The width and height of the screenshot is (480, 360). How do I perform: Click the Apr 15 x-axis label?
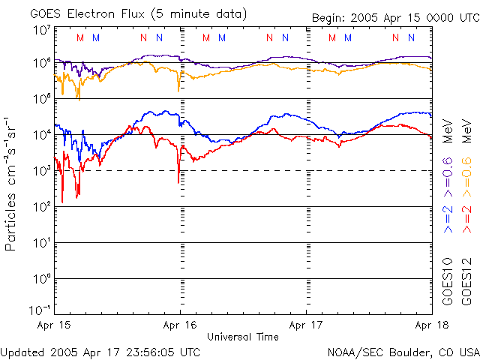point(54,325)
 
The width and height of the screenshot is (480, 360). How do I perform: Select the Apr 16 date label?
point(180,325)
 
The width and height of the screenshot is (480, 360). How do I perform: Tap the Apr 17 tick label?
point(306,325)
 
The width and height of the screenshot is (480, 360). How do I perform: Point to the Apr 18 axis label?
point(432,325)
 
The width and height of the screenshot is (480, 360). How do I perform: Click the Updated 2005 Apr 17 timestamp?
point(100,352)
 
